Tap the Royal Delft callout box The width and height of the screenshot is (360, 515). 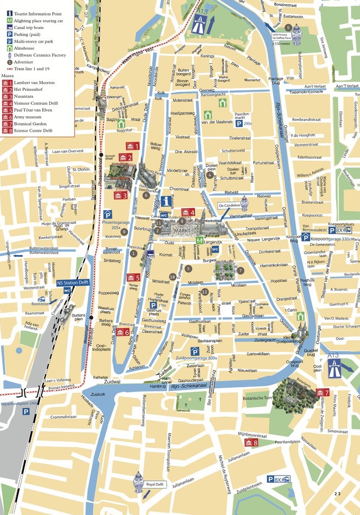tap(156, 484)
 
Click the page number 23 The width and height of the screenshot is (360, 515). tap(338, 494)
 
